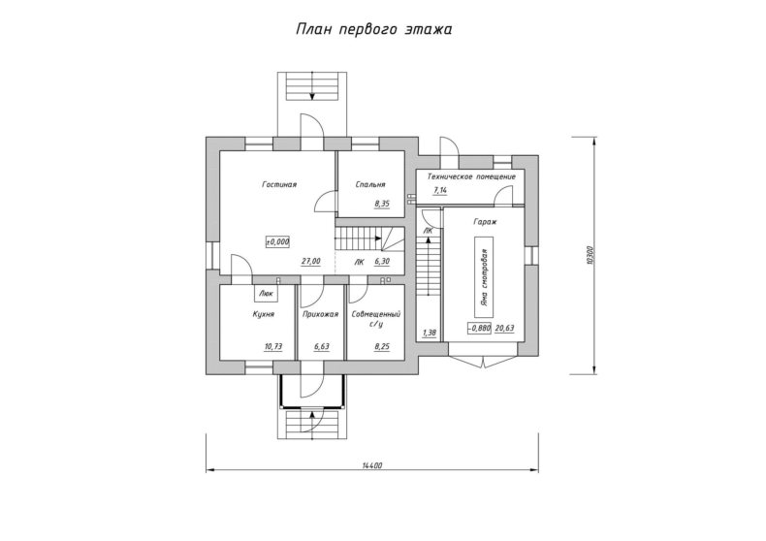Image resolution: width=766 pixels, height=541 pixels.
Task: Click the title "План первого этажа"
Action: coord(373,29)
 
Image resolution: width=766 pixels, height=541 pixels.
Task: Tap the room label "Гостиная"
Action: coord(279,184)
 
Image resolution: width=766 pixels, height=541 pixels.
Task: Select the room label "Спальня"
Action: coord(370,184)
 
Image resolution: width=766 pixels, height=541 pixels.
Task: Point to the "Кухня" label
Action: coord(264,314)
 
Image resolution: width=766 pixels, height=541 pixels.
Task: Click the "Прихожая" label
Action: coord(321,314)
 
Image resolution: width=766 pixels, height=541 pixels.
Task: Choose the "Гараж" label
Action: coord(485,222)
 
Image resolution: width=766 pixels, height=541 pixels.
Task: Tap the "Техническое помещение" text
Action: coord(471,176)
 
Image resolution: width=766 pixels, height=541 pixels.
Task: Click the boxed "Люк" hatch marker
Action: coord(266,294)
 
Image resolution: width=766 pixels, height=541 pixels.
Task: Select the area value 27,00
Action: coord(311,262)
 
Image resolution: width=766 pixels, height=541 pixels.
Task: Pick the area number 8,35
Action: coord(382,205)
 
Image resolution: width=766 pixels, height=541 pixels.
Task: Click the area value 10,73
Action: coord(273,347)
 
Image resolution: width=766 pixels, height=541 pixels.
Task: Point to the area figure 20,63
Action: coord(504,329)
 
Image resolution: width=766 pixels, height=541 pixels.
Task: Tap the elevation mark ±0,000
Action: coord(277,241)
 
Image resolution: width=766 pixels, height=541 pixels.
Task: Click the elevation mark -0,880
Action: coord(479,329)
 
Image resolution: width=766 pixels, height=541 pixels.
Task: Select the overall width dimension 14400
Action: coord(372,465)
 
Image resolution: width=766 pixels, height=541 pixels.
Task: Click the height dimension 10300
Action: coord(590,254)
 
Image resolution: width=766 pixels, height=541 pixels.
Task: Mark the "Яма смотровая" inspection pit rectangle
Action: coord(483,278)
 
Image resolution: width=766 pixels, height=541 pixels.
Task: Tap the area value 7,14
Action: coord(440,190)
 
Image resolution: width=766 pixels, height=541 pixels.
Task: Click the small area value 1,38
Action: coord(430,334)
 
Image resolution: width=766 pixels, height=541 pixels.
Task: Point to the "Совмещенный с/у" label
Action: coord(376,319)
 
